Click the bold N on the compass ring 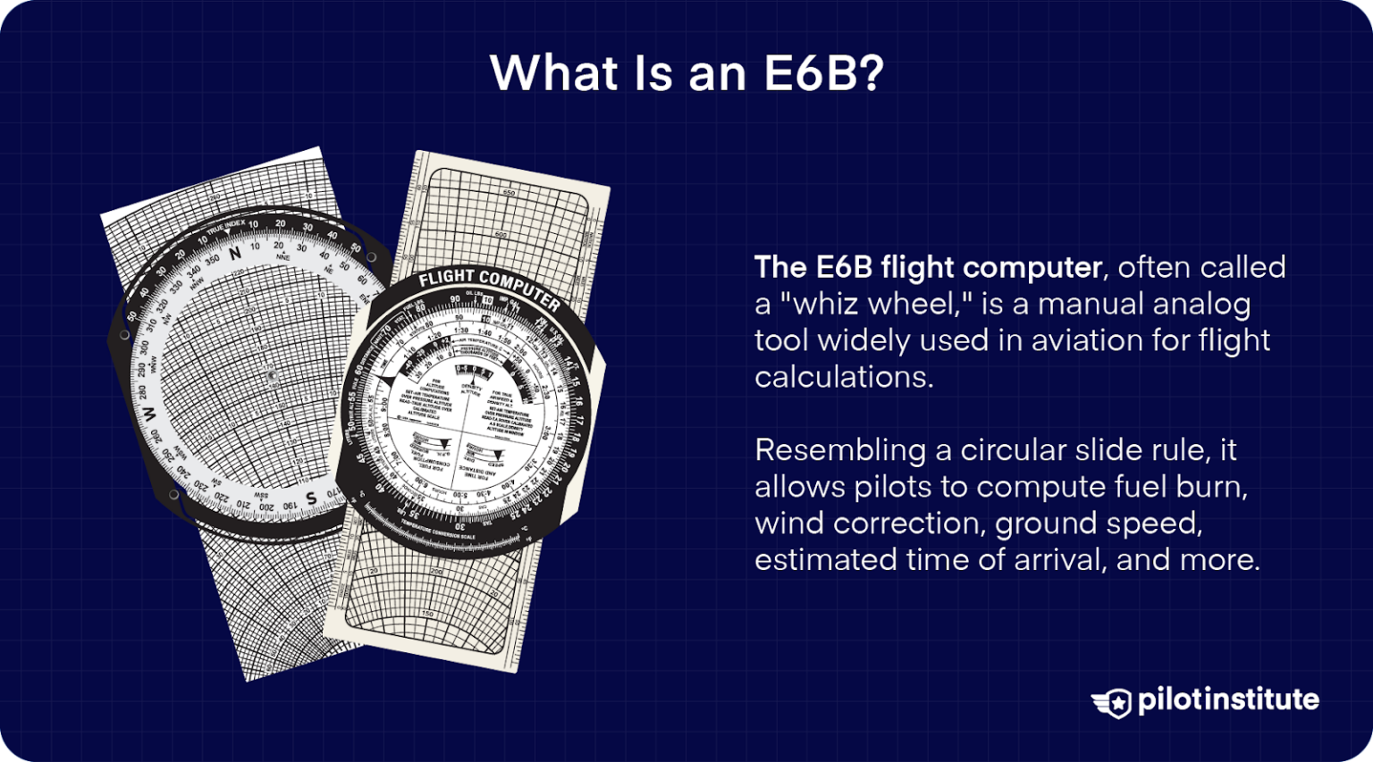coord(235,254)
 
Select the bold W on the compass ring coord(149,414)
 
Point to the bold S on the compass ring coord(310,498)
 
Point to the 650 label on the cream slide coord(510,193)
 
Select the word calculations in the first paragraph coord(843,377)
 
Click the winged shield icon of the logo coord(1112,702)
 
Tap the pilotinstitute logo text coord(1228,699)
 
